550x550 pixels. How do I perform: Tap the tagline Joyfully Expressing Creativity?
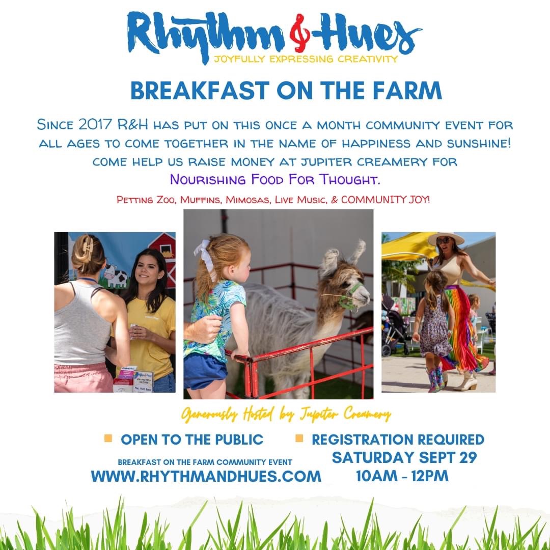(x=306, y=59)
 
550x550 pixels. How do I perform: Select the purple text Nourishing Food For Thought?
(x=275, y=179)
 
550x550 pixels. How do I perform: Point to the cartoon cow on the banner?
(x=116, y=276)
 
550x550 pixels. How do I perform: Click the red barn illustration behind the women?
(x=165, y=256)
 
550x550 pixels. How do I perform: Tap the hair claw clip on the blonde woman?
(x=88, y=248)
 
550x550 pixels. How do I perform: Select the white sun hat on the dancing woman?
(x=446, y=238)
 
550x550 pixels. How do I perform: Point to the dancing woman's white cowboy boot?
(x=466, y=380)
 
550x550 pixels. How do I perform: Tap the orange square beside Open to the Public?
(x=108, y=438)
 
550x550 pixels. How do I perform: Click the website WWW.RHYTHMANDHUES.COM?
(x=206, y=476)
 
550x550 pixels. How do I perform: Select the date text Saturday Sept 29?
(x=404, y=457)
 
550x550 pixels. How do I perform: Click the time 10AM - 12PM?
(x=402, y=476)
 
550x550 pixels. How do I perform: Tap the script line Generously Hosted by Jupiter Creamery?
(x=286, y=414)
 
